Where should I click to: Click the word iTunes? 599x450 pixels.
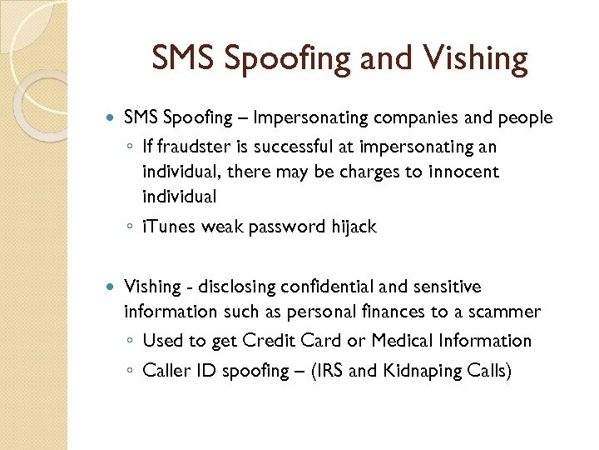pyautogui.click(x=167, y=226)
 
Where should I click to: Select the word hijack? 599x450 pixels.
pyautogui.click(x=350, y=226)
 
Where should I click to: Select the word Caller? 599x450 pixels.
pyautogui.click(x=167, y=370)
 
